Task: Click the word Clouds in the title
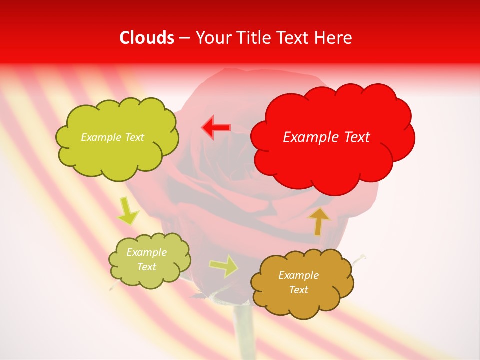(147, 38)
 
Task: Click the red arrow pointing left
(216, 127)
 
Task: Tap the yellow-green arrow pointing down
(128, 211)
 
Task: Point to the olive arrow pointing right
(223, 266)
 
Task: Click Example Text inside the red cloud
(326, 137)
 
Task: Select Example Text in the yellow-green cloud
(112, 137)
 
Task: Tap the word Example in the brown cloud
(298, 275)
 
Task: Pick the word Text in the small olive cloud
(146, 267)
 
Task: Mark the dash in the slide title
(184, 38)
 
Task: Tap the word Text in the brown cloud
(298, 290)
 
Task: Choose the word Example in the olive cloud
(146, 252)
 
